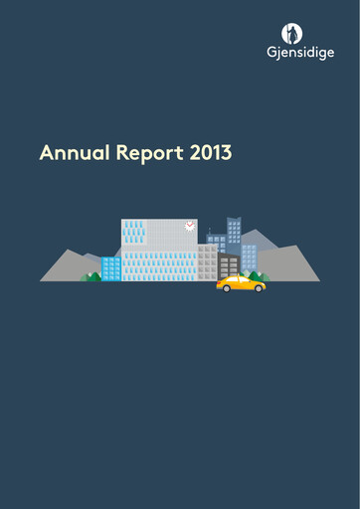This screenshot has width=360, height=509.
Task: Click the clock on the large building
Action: point(189,227)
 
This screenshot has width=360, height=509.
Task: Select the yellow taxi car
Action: point(241,284)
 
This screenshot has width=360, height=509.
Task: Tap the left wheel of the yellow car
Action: point(227,289)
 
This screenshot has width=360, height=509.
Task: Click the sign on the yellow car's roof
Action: point(240,275)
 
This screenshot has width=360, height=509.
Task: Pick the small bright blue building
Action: point(110,268)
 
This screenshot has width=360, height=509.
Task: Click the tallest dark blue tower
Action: point(235,231)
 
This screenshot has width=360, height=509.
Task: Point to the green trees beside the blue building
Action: point(90,276)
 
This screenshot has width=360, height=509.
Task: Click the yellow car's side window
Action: point(239,281)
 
